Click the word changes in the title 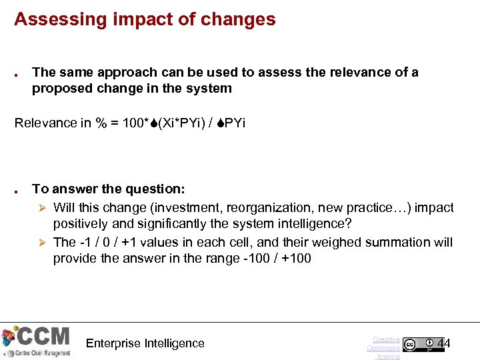pyautogui.click(x=243, y=19)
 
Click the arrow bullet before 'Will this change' pyautogui.click(x=42, y=207)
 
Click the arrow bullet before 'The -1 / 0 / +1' pyautogui.click(x=42, y=242)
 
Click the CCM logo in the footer pyautogui.click(x=36, y=341)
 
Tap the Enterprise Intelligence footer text pyautogui.click(x=145, y=343)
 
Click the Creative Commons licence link pyautogui.click(x=385, y=348)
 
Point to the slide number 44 pyautogui.click(x=443, y=343)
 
